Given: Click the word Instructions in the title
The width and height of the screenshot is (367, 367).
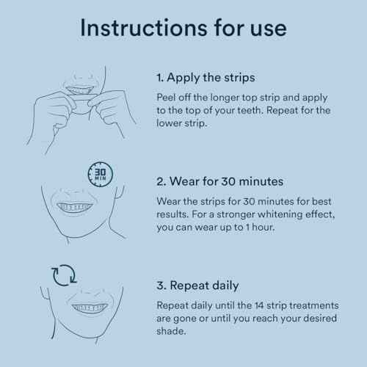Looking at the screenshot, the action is (144, 28).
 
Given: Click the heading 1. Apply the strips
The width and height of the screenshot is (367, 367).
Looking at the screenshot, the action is (206, 79).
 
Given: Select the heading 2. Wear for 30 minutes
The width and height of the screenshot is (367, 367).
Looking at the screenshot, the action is (220, 181).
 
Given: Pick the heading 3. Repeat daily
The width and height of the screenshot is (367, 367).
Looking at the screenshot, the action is (197, 286).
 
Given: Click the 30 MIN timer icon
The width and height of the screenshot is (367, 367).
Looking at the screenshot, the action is (101, 175).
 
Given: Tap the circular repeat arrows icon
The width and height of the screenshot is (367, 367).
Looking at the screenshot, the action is (64, 275).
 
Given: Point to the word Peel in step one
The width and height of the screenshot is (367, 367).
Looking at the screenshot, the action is (166, 98).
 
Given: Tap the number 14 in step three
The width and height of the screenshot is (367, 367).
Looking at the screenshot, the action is (259, 305).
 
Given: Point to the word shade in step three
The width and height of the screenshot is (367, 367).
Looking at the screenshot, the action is (171, 331).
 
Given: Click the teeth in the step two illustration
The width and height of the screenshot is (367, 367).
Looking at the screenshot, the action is (74, 207).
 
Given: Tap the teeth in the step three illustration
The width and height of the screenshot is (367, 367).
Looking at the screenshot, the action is (90, 308).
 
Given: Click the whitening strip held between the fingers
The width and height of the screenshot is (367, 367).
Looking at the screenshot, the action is (82, 101).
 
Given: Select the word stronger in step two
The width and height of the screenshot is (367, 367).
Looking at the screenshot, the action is (236, 215).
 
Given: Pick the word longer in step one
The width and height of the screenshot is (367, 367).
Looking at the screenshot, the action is (225, 98).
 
